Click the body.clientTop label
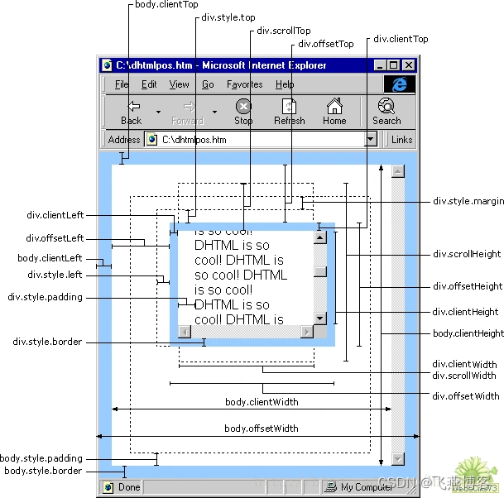tap(166, 5)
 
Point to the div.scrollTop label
tap(284, 31)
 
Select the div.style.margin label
tap(468, 201)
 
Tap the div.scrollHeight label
tap(467, 254)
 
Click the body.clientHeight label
tap(468, 333)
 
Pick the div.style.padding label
tap(45, 297)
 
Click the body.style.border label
tap(43, 471)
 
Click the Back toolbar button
tap(132, 112)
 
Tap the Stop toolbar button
tap(243, 112)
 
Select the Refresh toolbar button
tap(290, 112)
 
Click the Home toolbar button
tap(334, 112)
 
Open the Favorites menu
tap(244, 84)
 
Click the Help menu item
tap(285, 84)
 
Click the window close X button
tap(408, 65)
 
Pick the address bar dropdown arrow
tap(371, 140)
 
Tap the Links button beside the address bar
tap(402, 140)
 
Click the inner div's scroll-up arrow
tap(319, 238)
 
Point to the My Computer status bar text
tap(367, 487)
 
